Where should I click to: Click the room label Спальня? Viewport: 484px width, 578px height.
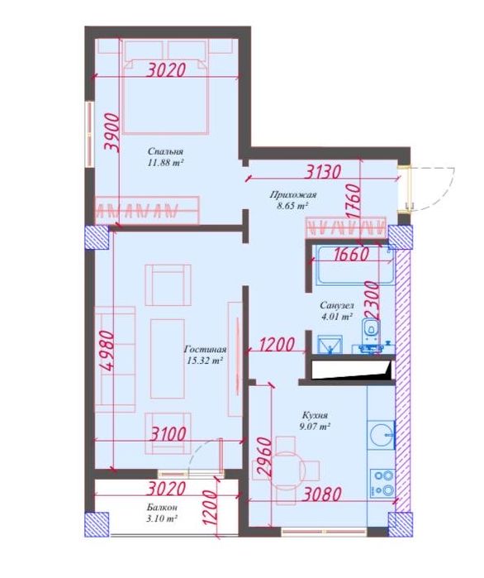(x=165, y=151)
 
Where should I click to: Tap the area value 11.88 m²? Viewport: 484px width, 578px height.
(x=165, y=164)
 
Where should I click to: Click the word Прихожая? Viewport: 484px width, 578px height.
(x=292, y=194)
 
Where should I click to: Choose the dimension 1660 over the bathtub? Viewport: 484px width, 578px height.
(x=339, y=255)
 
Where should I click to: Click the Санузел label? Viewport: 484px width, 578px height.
(x=336, y=305)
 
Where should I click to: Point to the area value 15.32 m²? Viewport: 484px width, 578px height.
(x=205, y=361)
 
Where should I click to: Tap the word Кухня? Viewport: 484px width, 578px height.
(x=314, y=415)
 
